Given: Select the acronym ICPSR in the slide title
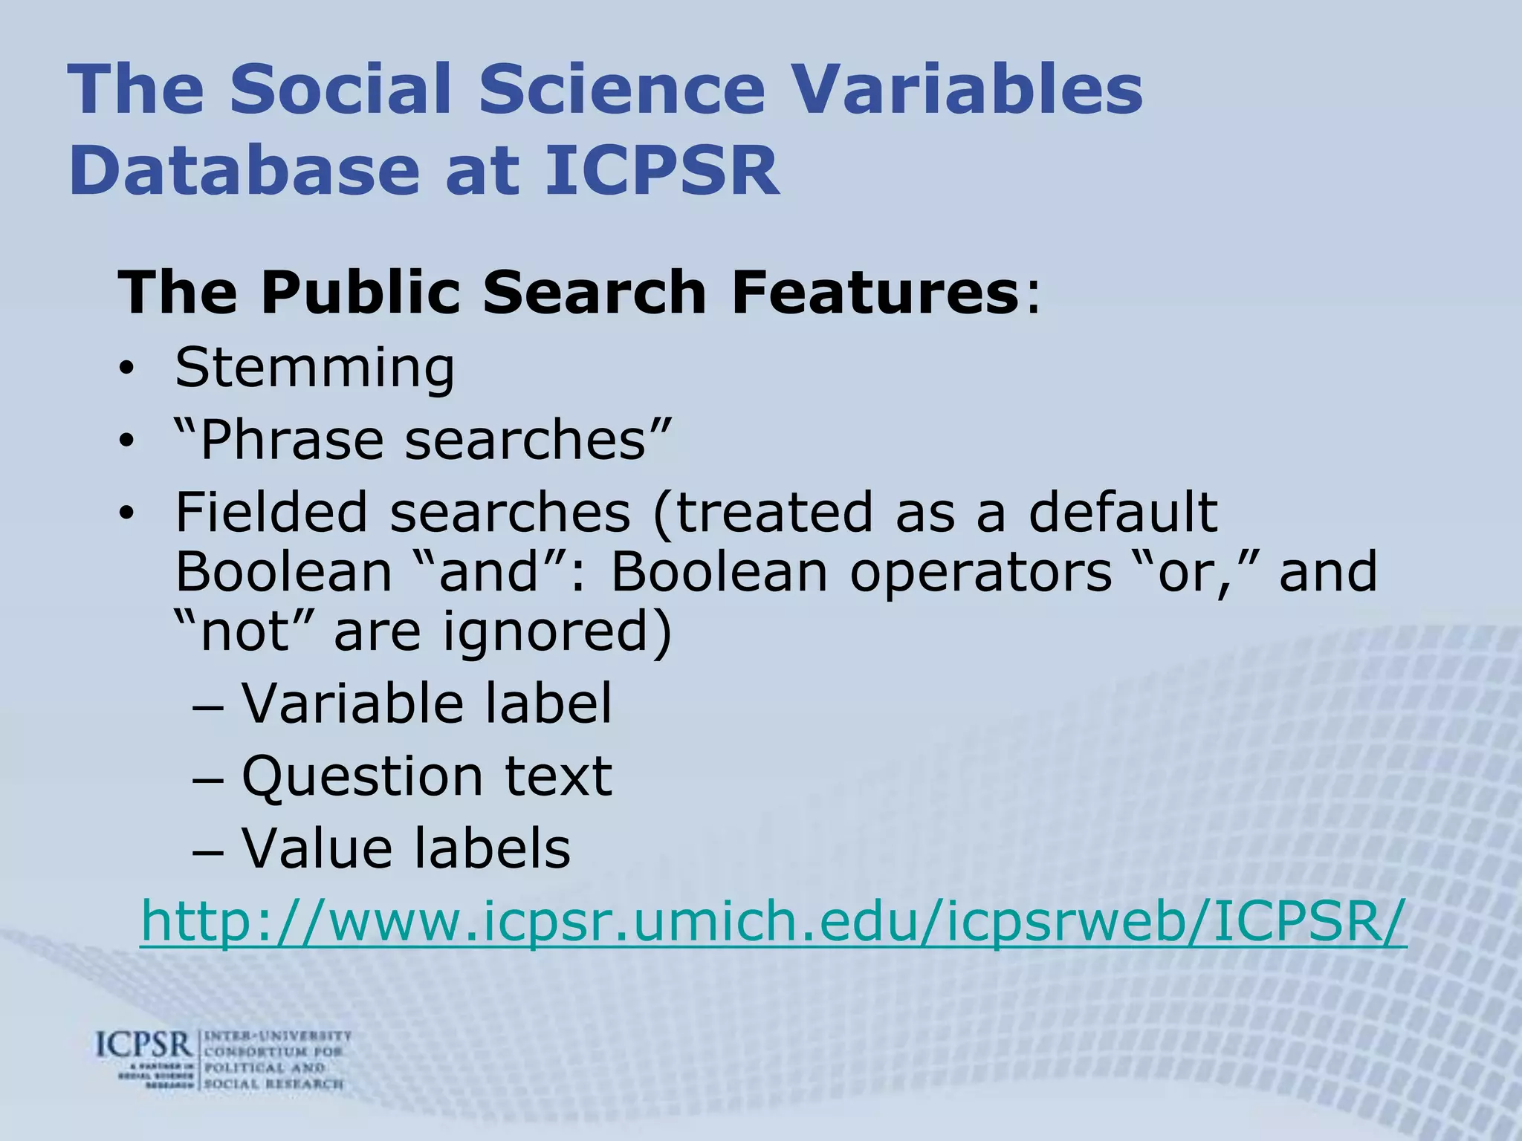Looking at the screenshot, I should (662, 171).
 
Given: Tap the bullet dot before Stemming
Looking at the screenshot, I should (127, 369).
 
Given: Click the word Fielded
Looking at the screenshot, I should (271, 512).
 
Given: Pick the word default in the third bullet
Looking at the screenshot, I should (1123, 512).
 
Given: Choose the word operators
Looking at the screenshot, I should (981, 572).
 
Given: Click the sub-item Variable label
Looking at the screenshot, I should (427, 703).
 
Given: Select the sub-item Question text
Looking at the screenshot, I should (427, 776).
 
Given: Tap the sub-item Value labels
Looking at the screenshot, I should (406, 848).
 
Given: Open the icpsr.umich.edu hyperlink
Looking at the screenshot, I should (773, 922).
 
